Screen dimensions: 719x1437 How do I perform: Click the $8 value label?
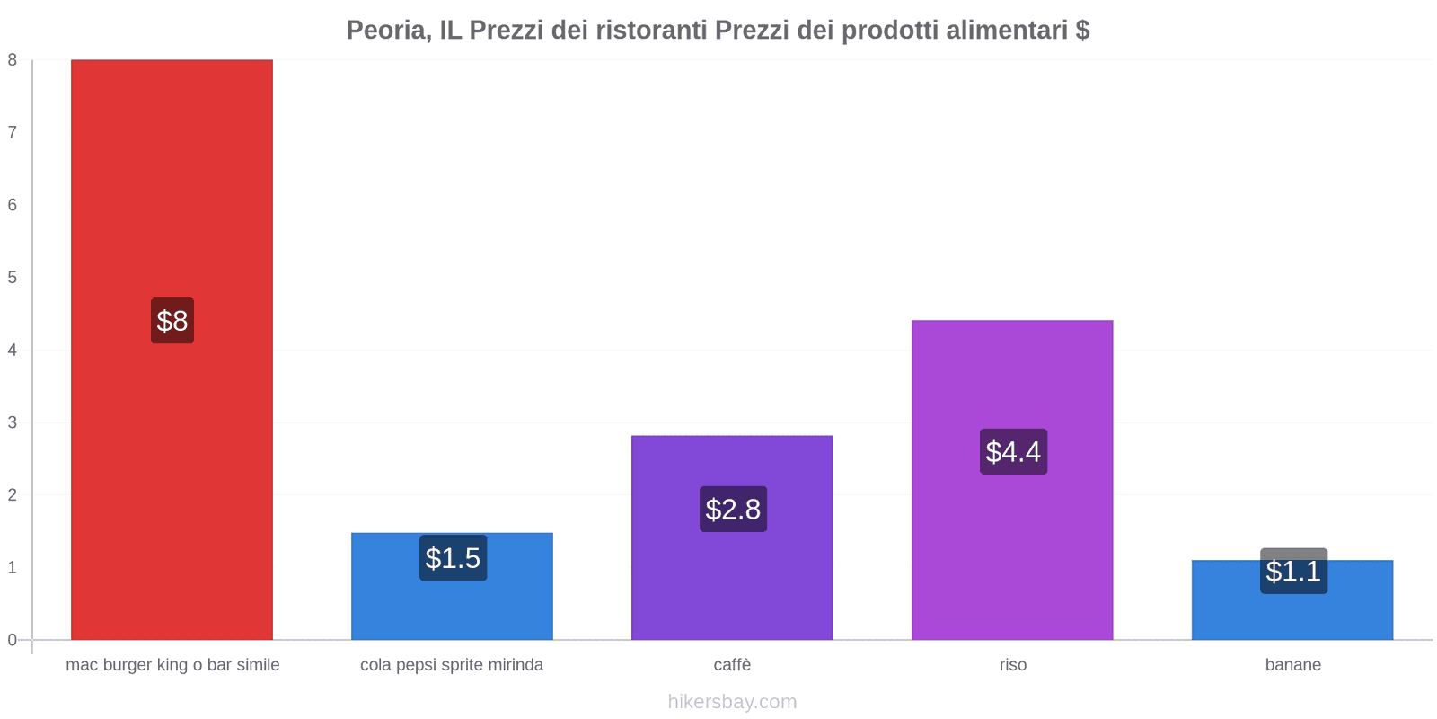click(172, 321)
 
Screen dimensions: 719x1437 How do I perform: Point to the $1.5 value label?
click(453, 558)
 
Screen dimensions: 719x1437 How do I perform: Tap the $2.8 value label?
click(733, 510)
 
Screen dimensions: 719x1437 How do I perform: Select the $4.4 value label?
click(1013, 451)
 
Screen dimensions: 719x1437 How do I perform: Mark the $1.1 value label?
click(1293, 572)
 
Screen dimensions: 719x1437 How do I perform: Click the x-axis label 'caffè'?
click(732, 665)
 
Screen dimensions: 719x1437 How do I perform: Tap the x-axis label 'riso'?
click(1012, 665)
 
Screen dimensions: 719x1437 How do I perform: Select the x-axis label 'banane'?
click(1292, 665)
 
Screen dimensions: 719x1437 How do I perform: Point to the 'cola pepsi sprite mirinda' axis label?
click(452, 665)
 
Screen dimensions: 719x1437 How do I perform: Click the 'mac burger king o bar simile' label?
click(172, 665)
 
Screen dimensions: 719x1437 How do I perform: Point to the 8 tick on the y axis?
click(13, 60)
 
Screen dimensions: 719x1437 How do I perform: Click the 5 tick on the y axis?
click(13, 278)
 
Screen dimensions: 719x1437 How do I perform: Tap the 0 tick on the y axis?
click(13, 640)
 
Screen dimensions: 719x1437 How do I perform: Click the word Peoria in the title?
click(387, 31)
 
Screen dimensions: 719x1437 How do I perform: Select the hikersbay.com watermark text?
click(732, 702)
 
